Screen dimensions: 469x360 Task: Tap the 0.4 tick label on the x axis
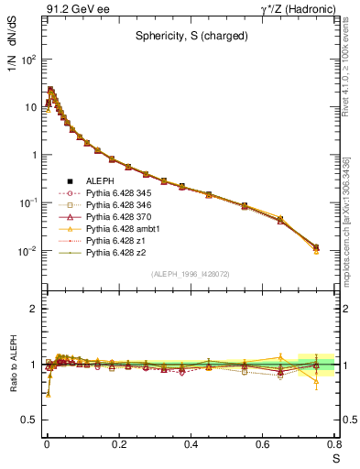click(191, 445)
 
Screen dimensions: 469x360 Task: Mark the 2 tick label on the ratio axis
click(35, 309)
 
